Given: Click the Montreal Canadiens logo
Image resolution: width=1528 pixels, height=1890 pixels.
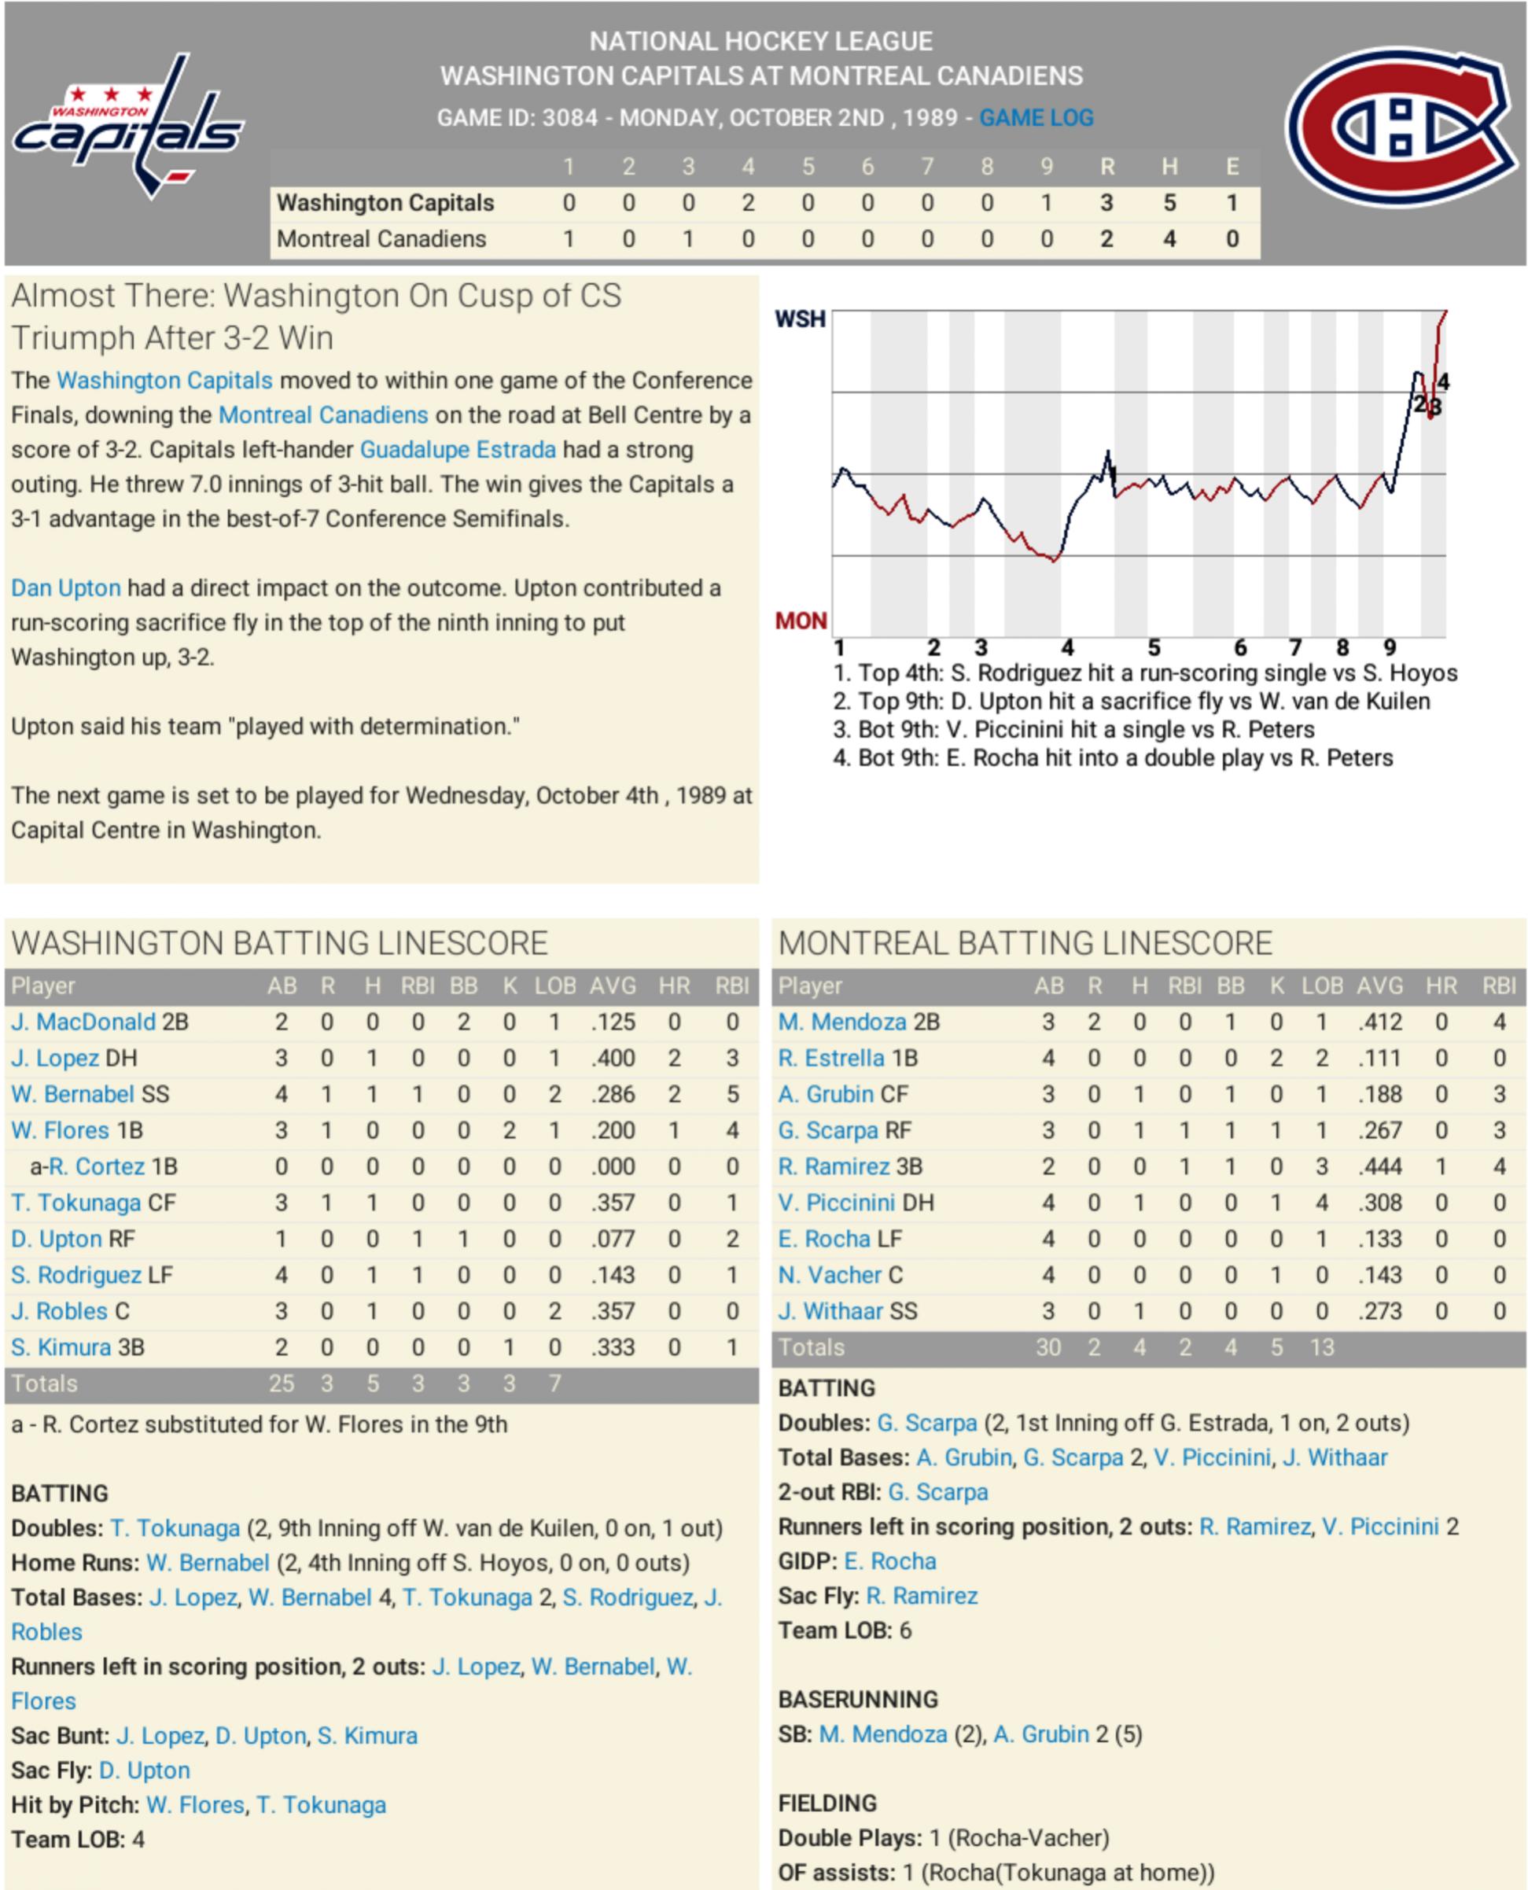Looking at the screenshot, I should click(1403, 126).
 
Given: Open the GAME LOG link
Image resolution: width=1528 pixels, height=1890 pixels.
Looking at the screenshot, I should click(1036, 118).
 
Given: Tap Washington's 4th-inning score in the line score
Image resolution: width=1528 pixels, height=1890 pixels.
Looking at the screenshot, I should click(747, 204).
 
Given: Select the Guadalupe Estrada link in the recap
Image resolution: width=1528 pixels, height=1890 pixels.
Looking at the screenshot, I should click(458, 450).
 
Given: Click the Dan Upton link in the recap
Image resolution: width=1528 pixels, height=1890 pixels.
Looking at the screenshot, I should click(66, 588).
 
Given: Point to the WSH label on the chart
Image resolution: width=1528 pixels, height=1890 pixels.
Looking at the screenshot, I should click(800, 319).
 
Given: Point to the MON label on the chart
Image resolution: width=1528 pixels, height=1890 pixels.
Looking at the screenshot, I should click(800, 621).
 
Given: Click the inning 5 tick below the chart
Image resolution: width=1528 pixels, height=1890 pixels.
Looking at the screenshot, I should click(1154, 649).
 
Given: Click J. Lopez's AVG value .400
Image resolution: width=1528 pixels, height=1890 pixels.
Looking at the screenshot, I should click(613, 1058).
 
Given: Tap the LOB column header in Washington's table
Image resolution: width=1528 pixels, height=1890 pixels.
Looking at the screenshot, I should click(554, 986).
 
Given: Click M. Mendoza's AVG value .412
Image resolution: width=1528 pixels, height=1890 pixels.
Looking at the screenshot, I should click(1379, 1022).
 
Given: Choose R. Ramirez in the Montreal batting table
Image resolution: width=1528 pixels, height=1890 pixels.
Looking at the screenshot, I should click(834, 1166).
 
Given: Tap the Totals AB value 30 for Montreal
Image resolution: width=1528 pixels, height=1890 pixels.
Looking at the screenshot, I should click(1048, 1348).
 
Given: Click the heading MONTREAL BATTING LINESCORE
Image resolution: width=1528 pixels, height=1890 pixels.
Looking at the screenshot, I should click(1025, 944).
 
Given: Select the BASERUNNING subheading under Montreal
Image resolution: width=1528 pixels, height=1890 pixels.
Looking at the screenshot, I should click(845, 1700).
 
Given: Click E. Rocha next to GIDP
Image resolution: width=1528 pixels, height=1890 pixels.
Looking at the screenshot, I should click(890, 1562).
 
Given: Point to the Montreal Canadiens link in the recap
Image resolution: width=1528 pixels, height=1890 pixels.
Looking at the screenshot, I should click(323, 415).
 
